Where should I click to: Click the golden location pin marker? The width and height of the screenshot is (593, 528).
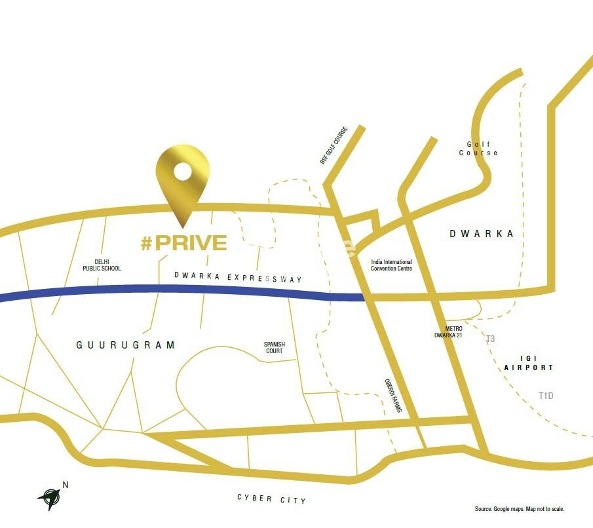(183, 180)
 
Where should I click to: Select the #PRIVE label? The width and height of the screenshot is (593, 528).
(184, 243)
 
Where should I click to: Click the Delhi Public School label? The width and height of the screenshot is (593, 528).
(102, 265)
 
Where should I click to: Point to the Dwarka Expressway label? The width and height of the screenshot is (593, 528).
(239, 278)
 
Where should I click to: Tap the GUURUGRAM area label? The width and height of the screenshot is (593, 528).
(126, 345)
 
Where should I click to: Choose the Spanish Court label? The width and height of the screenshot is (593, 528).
(274, 347)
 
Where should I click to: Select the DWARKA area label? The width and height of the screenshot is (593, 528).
(482, 234)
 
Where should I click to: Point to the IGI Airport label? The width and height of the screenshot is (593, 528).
(529, 364)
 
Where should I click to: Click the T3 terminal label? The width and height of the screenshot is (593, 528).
(490, 339)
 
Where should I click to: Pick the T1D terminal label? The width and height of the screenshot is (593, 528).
(546, 396)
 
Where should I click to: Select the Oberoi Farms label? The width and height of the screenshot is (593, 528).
(392, 396)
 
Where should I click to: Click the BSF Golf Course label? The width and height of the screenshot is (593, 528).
(334, 145)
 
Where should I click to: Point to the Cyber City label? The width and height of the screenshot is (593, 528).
(271, 499)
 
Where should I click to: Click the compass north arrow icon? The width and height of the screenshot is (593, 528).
(49, 498)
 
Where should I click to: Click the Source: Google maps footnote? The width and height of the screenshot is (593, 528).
(520, 509)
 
